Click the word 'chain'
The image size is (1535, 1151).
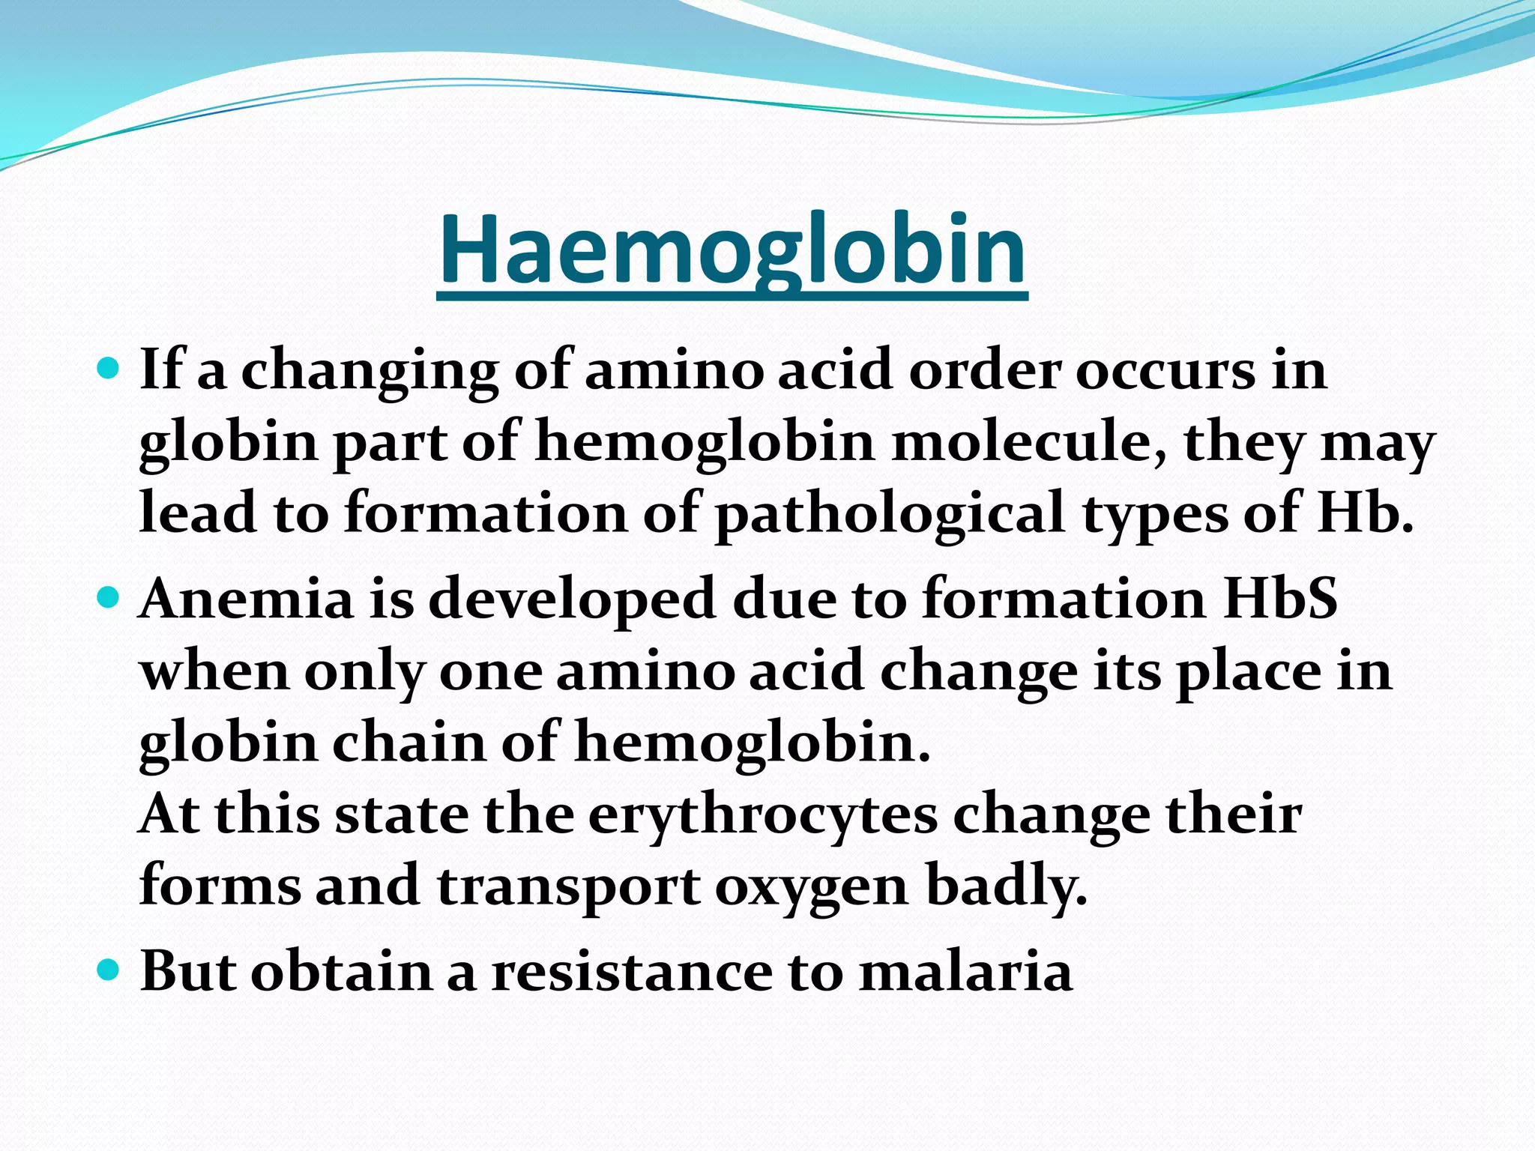coord(409,742)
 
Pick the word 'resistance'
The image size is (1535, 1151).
coord(632,972)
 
